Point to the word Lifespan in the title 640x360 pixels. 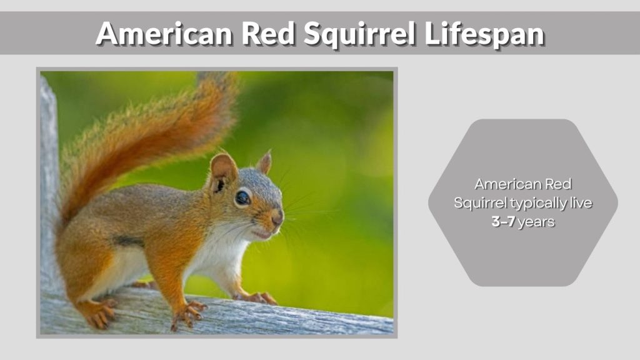[484, 34]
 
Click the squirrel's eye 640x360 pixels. [242, 198]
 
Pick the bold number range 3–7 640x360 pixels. [503, 222]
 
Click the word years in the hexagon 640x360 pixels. [536, 222]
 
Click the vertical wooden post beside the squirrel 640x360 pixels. [49, 187]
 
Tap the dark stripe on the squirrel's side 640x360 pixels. [127, 241]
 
